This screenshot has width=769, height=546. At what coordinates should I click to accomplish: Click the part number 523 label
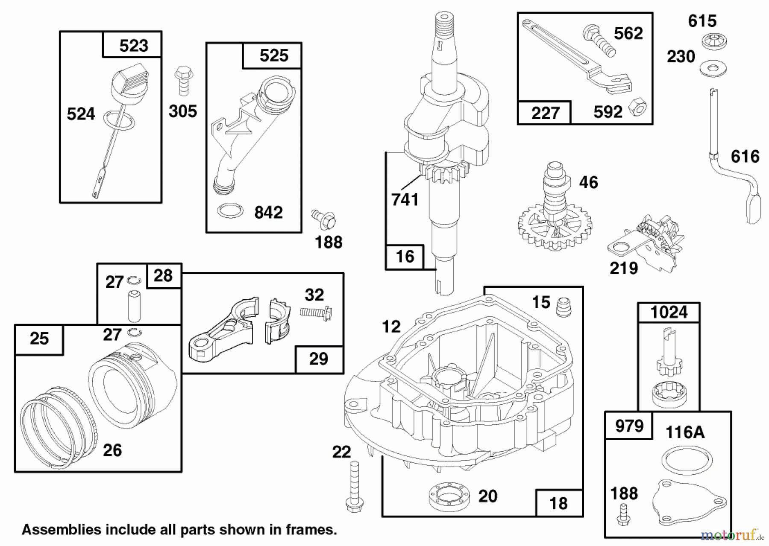tap(133, 45)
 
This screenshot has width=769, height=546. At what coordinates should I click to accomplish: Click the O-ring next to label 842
tap(230, 210)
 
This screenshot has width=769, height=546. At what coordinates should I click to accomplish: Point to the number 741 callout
tap(405, 199)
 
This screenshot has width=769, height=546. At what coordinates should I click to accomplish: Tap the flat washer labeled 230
tap(713, 69)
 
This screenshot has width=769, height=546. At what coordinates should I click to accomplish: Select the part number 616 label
tap(745, 156)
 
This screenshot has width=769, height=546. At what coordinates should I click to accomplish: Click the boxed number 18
tap(558, 503)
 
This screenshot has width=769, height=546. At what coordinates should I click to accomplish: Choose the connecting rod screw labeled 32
tap(316, 313)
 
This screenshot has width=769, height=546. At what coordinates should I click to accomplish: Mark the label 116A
tap(685, 432)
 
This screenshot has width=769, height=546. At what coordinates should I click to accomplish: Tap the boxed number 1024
tap(669, 312)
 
